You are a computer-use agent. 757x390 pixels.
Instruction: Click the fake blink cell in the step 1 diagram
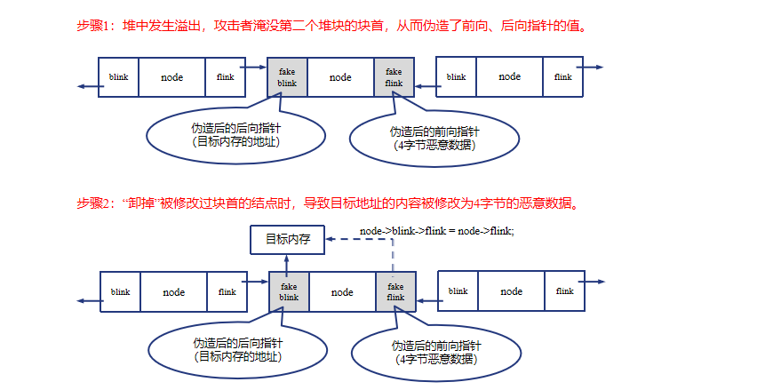click(x=287, y=77)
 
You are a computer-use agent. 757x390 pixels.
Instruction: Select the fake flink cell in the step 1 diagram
click(x=394, y=77)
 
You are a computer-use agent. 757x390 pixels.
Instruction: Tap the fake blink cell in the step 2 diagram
click(x=289, y=292)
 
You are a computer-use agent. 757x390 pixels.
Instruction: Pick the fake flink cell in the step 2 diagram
click(x=395, y=292)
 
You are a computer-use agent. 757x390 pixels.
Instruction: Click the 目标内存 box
click(x=287, y=238)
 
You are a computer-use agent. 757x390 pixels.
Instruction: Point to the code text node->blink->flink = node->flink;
click(x=436, y=231)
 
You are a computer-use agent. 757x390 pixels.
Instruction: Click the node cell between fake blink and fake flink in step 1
click(x=340, y=77)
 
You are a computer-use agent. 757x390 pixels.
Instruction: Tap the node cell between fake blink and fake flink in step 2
click(x=342, y=292)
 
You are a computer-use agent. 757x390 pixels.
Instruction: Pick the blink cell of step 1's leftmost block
click(x=118, y=77)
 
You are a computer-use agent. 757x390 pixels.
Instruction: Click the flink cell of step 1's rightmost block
click(x=562, y=77)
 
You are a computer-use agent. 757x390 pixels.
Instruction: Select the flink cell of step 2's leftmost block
click(x=227, y=292)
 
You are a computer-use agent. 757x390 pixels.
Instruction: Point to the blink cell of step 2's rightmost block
click(x=458, y=292)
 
